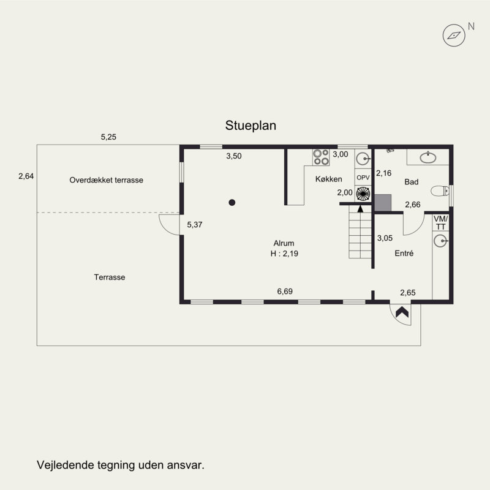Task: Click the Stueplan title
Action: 251,126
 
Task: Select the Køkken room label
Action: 328,179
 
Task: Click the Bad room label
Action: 411,182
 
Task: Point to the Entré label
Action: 404,253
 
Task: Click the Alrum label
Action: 284,243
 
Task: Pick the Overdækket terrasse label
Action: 106,180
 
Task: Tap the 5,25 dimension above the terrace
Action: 108,137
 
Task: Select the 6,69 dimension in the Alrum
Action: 285,292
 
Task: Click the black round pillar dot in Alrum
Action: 232,203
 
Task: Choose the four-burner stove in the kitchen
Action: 321,157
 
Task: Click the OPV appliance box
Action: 363,178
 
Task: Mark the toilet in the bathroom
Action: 440,190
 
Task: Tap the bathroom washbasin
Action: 428,157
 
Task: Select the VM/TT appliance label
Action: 440,222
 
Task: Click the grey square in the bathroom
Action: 383,203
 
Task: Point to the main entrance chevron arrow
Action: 402,312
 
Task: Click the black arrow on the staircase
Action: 360,209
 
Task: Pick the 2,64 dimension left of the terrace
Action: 26,176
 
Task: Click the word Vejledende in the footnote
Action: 66,465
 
